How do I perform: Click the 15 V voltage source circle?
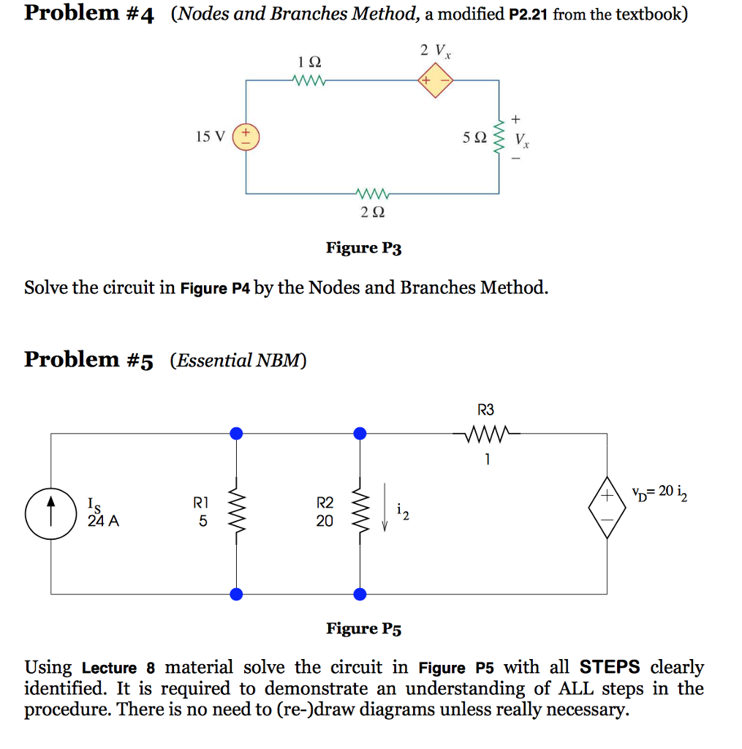pyautogui.click(x=246, y=137)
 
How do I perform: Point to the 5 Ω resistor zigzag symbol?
pyautogui.click(x=500, y=138)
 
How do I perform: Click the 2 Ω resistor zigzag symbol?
pyautogui.click(x=372, y=194)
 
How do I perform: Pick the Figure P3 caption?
pyautogui.click(x=363, y=248)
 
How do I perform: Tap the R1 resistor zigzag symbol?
pyautogui.click(x=236, y=511)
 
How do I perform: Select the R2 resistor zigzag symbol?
pyautogui.click(x=359, y=511)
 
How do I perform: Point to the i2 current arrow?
pyautogui.click(x=385, y=513)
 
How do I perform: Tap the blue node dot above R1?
pyautogui.click(x=236, y=434)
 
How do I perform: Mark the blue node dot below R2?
pyautogui.click(x=359, y=594)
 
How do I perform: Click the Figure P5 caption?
pyautogui.click(x=363, y=628)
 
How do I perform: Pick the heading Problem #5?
pyautogui.click(x=88, y=360)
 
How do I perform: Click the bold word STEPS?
pyautogui.click(x=609, y=667)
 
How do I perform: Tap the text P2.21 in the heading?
pyautogui.click(x=529, y=14)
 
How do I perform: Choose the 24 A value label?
pyautogui.click(x=103, y=522)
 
